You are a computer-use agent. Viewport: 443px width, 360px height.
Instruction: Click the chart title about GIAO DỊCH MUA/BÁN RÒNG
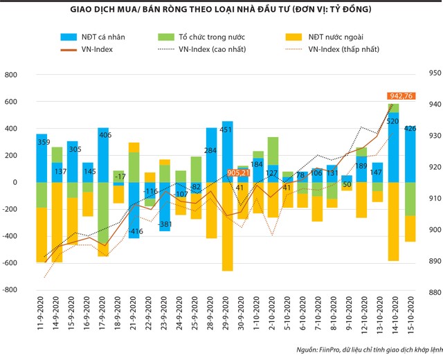[221, 10]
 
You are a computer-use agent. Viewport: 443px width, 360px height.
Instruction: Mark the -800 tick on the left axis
[15, 290]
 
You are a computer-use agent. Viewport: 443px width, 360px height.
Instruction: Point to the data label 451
[227, 129]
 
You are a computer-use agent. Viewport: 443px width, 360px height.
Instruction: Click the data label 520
[392, 121]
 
